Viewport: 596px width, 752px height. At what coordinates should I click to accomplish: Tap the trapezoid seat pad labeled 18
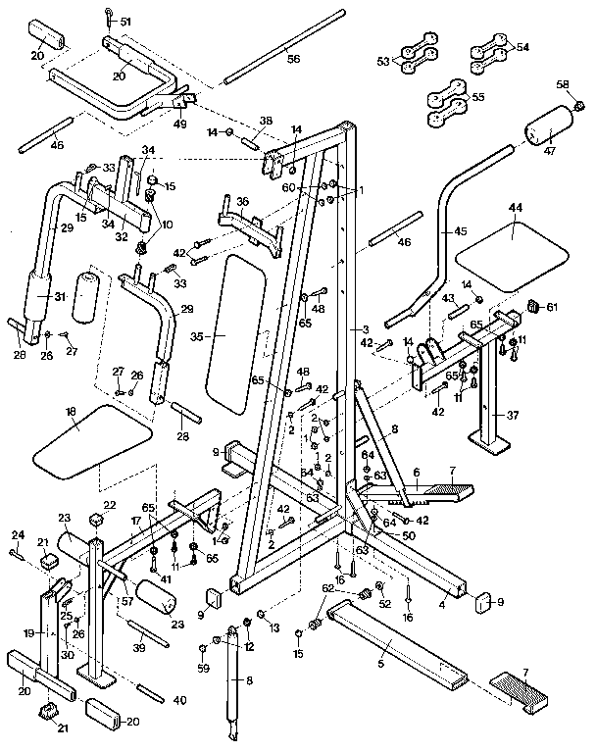[93, 437]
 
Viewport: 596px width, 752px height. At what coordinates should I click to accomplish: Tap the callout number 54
[521, 46]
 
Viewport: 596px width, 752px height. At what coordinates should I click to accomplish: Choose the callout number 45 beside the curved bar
[460, 231]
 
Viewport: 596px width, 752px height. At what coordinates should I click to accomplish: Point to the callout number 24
[16, 534]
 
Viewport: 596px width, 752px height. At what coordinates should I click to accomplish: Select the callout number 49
[179, 124]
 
